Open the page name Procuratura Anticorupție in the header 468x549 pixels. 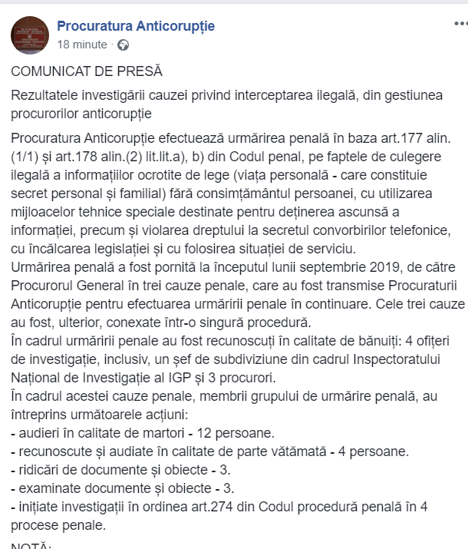(136, 26)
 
